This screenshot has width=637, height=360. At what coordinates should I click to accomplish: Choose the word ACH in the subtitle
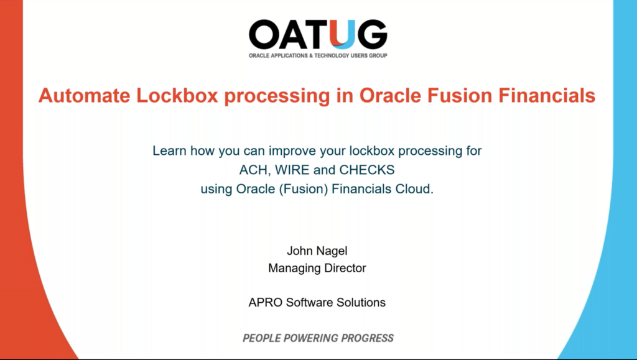253,170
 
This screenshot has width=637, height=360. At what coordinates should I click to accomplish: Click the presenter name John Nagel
317,251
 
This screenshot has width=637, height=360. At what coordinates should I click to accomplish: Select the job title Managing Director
317,269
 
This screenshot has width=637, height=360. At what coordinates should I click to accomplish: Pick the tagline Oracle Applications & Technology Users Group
318,55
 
